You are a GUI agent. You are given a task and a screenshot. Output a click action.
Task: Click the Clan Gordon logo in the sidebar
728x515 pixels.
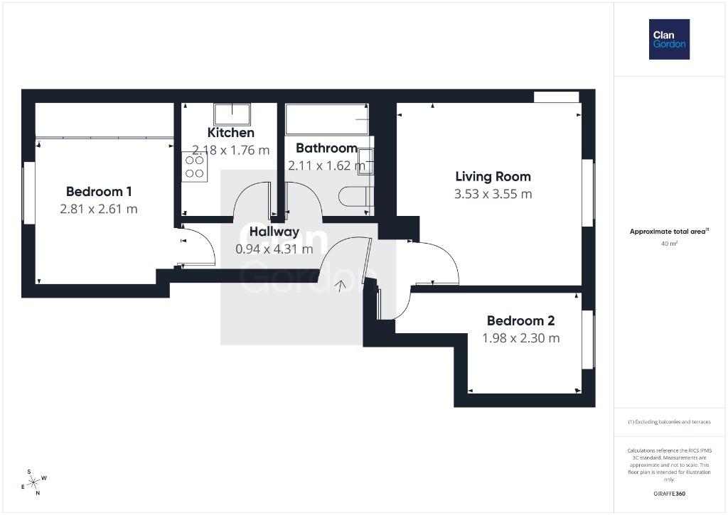tap(669, 40)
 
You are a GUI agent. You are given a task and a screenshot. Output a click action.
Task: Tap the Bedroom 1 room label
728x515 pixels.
tap(99, 191)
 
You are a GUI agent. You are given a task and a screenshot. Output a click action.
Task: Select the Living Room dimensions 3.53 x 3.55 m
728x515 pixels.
tap(493, 194)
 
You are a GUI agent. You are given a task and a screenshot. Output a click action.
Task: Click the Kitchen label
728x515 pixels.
tap(231, 133)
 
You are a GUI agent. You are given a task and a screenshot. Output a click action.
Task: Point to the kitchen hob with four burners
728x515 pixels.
tap(195, 167)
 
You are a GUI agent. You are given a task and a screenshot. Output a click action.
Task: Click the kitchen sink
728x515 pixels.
tap(232, 114)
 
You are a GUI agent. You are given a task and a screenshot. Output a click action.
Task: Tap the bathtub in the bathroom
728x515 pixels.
tap(327, 119)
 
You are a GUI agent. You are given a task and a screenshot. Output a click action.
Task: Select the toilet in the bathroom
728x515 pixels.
tap(356, 196)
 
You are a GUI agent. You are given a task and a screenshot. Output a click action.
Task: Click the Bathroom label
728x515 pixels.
tap(326, 148)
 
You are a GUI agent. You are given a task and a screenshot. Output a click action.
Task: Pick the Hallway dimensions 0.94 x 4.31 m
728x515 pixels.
tap(274, 249)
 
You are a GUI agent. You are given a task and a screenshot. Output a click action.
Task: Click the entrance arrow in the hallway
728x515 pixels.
tap(341, 286)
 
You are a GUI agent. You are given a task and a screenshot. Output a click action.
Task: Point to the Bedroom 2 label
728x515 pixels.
tap(521, 320)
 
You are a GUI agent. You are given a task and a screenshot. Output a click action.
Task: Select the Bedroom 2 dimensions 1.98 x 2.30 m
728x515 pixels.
tap(521, 338)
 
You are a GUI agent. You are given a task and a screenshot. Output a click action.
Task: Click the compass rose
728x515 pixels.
tap(34, 482)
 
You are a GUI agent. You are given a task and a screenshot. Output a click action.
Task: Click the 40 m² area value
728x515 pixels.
tap(669, 243)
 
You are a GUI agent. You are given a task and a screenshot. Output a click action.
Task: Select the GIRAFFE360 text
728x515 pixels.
tap(669, 494)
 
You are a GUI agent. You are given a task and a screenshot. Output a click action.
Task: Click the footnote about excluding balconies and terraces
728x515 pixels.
tap(669, 422)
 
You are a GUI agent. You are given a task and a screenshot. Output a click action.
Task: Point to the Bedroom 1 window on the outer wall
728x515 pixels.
tap(29, 193)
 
